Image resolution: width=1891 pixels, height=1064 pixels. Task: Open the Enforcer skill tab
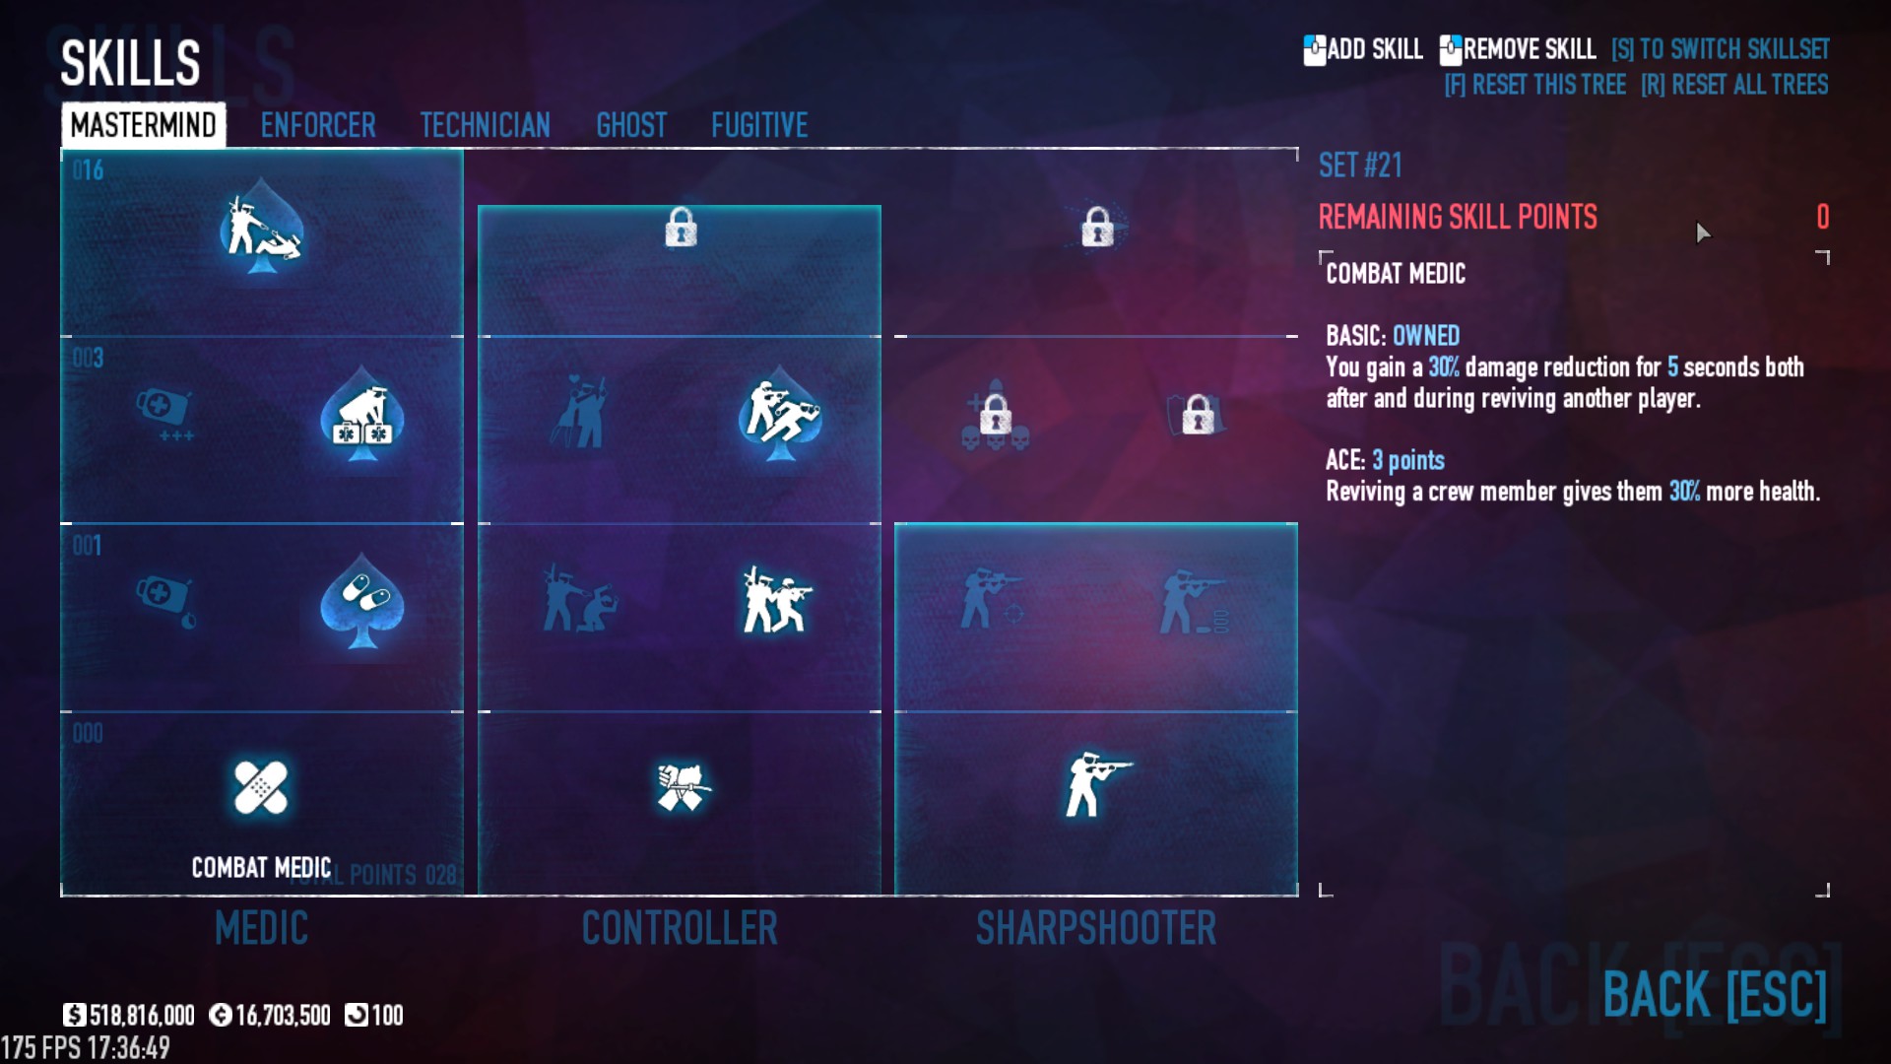point(317,125)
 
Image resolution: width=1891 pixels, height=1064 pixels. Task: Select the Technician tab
point(485,125)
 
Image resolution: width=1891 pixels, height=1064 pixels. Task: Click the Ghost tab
point(631,125)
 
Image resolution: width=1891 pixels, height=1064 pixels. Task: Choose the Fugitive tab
point(759,125)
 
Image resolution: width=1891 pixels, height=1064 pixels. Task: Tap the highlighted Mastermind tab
point(144,125)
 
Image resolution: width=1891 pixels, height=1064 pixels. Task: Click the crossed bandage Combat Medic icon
point(261,788)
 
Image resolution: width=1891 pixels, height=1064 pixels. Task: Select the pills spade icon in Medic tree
point(362,602)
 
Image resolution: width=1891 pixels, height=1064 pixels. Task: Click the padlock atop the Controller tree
point(681,228)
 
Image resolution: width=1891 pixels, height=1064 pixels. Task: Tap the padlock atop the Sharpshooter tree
point(1097,228)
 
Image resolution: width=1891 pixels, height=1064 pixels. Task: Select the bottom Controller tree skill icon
point(682,787)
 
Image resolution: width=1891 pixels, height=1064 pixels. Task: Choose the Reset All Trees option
point(1734,85)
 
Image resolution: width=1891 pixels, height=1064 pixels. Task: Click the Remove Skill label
point(1529,49)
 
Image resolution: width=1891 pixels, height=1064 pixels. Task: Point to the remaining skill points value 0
point(1822,217)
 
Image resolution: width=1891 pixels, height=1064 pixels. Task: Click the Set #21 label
point(1360,166)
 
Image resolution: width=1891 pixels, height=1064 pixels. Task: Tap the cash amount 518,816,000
point(141,1015)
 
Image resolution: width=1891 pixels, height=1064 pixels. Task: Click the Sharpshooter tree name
point(1096,928)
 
